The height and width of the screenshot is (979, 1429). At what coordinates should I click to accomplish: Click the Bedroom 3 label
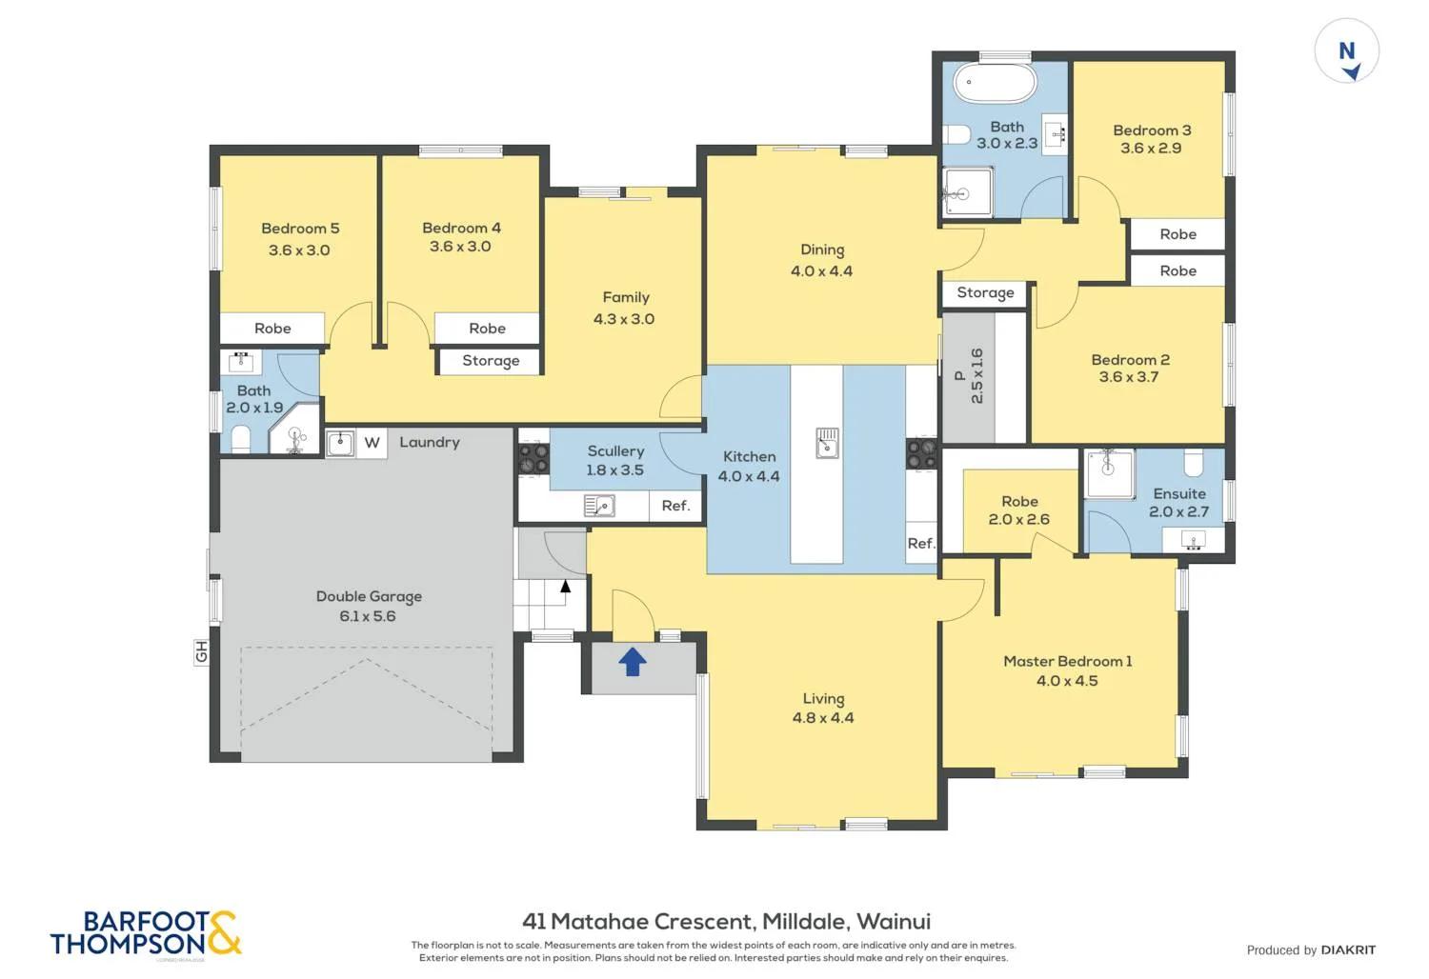(x=1152, y=130)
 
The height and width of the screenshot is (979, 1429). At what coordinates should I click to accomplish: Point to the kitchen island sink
(x=827, y=443)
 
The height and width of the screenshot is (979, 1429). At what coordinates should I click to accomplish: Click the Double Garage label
(x=369, y=596)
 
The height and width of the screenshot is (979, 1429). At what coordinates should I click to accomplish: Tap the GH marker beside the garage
(x=201, y=652)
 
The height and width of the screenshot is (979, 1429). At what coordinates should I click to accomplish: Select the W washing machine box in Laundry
(x=372, y=443)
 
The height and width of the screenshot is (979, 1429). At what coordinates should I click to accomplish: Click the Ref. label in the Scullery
(x=675, y=506)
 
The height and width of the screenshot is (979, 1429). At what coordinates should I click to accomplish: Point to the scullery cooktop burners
(x=533, y=458)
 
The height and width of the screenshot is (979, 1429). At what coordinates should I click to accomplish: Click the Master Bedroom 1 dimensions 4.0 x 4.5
(x=1067, y=681)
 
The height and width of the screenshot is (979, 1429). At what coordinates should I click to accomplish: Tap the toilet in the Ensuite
(x=1194, y=463)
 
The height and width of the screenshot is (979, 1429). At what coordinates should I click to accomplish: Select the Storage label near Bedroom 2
(x=985, y=293)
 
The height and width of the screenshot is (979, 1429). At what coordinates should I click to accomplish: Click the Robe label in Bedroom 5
(x=272, y=329)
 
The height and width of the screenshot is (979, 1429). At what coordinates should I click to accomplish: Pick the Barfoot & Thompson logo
(x=146, y=933)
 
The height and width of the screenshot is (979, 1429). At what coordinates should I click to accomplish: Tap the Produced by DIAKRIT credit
(x=1311, y=949)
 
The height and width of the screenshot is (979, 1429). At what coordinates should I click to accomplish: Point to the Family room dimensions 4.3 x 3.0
(x=624, y=319)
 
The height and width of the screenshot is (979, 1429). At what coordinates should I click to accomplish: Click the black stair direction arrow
(x=566, y=586)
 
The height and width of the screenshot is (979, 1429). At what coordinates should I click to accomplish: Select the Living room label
(x=823, y=698)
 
